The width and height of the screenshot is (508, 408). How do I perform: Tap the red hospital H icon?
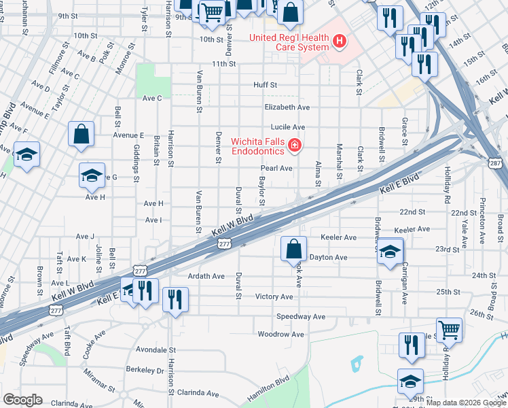[340, 42]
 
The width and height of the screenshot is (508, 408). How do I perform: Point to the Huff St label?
[265, 85]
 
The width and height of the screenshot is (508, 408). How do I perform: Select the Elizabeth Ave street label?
[287, 107]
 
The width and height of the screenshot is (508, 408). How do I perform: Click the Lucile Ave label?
[287, 127]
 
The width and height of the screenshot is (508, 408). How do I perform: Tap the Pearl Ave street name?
[276, 168]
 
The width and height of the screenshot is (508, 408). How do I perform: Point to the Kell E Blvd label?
[397, 182]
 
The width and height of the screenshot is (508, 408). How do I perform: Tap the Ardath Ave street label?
[206, 276]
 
